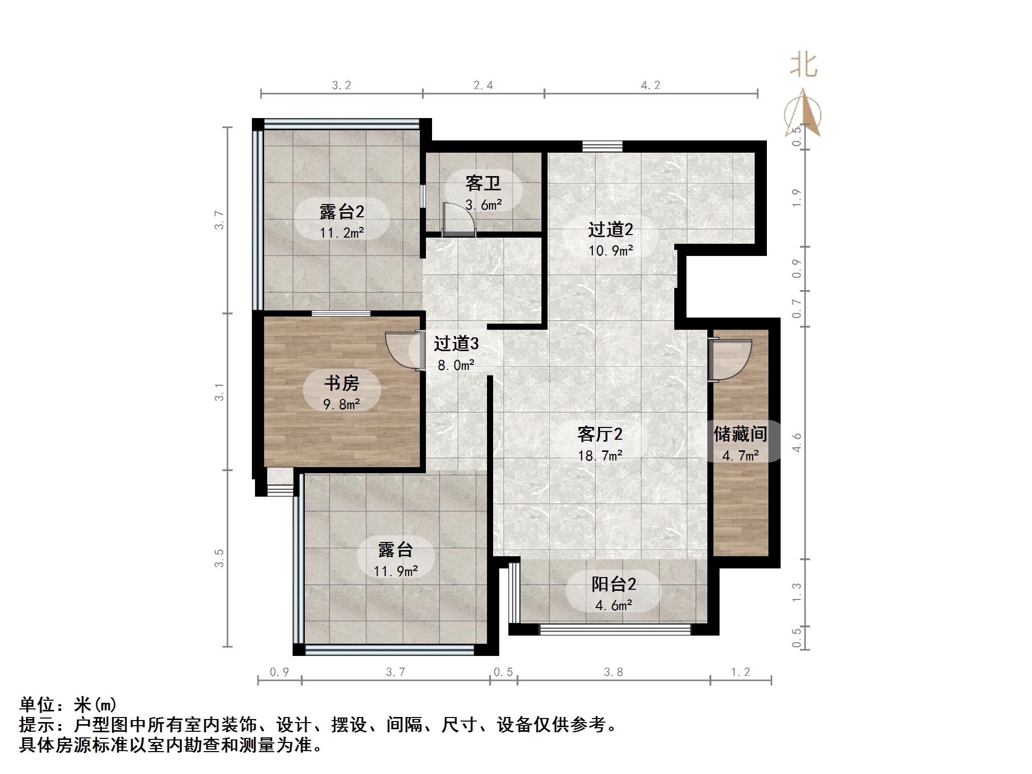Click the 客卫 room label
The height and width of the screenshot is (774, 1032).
point(483,183)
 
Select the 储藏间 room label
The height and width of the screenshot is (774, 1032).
point(740,434)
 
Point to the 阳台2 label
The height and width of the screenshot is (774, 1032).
point(613,584)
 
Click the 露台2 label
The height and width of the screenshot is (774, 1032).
point(341,211)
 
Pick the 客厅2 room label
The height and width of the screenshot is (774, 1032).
point(600,434)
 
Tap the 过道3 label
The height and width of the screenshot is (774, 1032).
point(456,344)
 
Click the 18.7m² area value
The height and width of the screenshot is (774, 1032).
point(600,455)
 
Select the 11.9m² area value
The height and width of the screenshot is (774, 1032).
point(395,571)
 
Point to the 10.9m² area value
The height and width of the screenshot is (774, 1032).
point(611,250)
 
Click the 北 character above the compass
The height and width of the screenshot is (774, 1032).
point(804,66)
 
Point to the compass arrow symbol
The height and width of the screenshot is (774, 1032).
point(803,114)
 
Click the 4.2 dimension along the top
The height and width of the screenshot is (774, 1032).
point(650,85)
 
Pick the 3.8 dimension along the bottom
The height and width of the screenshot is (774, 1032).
point(613,672)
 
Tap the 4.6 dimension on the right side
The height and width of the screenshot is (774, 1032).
point(797,442)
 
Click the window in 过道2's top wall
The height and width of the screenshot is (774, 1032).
point(603,147)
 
